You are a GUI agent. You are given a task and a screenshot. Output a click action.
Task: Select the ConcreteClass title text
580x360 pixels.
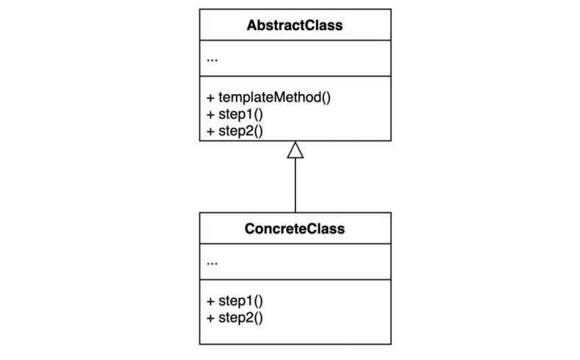(x=295, y=229)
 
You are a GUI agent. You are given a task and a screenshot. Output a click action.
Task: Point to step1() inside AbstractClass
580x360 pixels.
(x=240, y=115)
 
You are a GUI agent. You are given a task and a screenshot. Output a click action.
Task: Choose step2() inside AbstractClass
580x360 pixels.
(x=240, y=132)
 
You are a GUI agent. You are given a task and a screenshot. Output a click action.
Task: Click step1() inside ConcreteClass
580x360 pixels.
(x=240, y=300)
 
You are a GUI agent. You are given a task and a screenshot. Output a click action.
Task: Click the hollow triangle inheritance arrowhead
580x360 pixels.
(x=295, y=150)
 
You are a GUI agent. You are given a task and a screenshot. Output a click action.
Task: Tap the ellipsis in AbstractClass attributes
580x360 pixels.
(x=212, y=60)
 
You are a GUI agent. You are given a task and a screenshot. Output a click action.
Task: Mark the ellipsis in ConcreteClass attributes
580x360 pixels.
(x=212, y=262)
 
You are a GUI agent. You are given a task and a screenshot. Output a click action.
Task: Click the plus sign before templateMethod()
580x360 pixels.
(x=211, y=98)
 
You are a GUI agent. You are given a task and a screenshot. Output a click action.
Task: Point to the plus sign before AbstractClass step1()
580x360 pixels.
(x=211, y=115)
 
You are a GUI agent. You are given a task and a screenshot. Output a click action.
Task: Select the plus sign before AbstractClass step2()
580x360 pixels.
(x=211, y=132)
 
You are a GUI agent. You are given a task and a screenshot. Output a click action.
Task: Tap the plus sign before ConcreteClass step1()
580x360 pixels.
(x=211, y=300)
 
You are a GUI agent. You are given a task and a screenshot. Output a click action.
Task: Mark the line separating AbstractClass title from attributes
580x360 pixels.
(x=295, y=43)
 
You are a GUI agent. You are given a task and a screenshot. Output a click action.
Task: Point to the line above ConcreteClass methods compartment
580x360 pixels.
(x=295, y=279)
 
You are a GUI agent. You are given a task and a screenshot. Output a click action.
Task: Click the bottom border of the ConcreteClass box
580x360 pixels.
(x=295, y=344)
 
